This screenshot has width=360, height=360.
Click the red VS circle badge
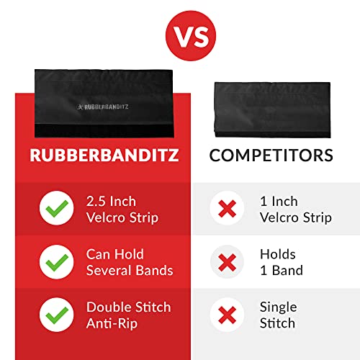coord(179,34)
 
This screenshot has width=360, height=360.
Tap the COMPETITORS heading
coord(271,156)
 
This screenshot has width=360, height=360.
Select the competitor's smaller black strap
coord(270,108)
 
